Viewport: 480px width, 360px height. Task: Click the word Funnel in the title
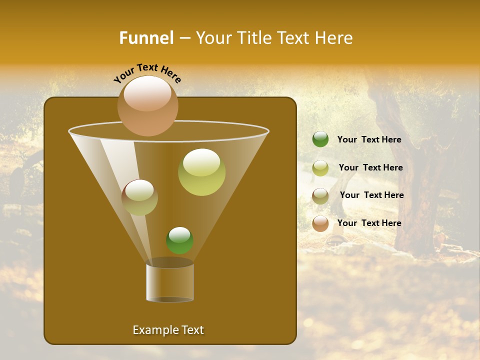pyautogui.click(x=146, y=38)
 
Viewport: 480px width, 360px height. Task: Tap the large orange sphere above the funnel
pyautogui.click(x=147, y=105)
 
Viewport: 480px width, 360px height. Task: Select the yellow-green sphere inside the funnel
pyautogui.click(x=201, y=172)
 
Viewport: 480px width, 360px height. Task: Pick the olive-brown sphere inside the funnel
pyautogui.click(x=139, y=197)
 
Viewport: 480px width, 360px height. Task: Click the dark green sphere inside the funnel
pyautogui.click(x=179, y=240)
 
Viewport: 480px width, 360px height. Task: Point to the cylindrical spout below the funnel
pyautogui.click(x=170, y=282)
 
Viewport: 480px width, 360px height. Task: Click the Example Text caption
pyautogui.click(x=168, y=330)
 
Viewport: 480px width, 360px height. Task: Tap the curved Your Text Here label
pyautogui.click(x=147, y=73)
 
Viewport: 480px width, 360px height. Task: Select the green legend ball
pyautogui.click(x=320, y=139)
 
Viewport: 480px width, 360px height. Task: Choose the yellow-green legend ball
pyautogui.click(x=320, y=168)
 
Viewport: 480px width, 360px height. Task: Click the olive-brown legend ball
pyautogui.click(x=320, y=196)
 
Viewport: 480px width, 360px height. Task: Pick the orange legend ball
pyautogui.click(x=320, y=223)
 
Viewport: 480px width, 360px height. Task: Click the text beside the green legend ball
pyautogui.click(x=369, y=139)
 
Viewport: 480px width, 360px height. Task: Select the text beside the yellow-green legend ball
pyautogui.click(x=370, y=167)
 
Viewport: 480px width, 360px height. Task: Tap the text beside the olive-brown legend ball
pyautogui.click(x=371, y=195)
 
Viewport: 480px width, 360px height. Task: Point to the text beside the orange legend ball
pyautogui.click(x=369, y=223)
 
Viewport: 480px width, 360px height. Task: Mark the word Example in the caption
pyautogui.click(x=154, y=330)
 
